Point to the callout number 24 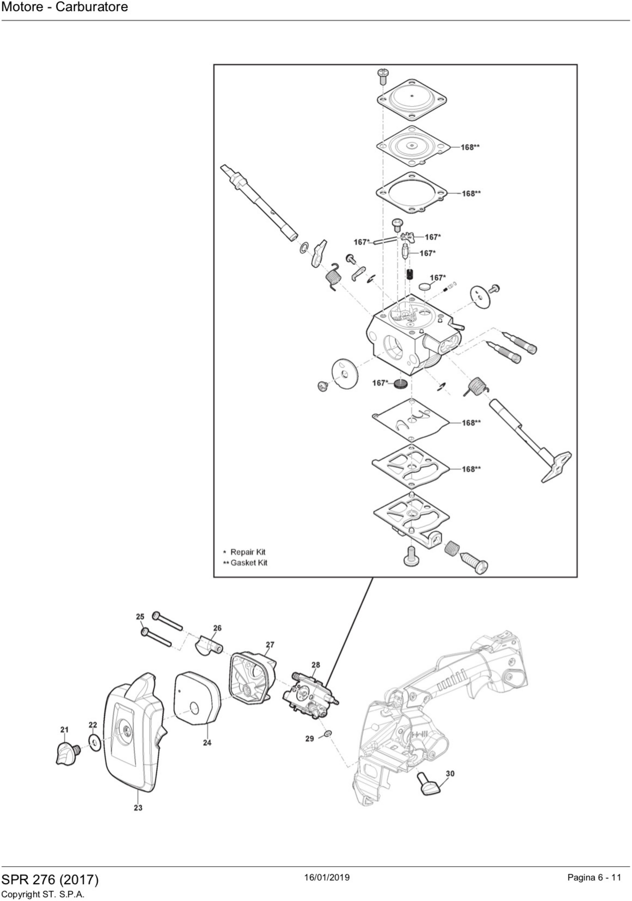click(x=207, y=743)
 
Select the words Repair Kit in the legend click(x=248, y=552)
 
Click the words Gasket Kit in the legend click(x=249, y=563)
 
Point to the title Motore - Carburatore click(x=65, y=7)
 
